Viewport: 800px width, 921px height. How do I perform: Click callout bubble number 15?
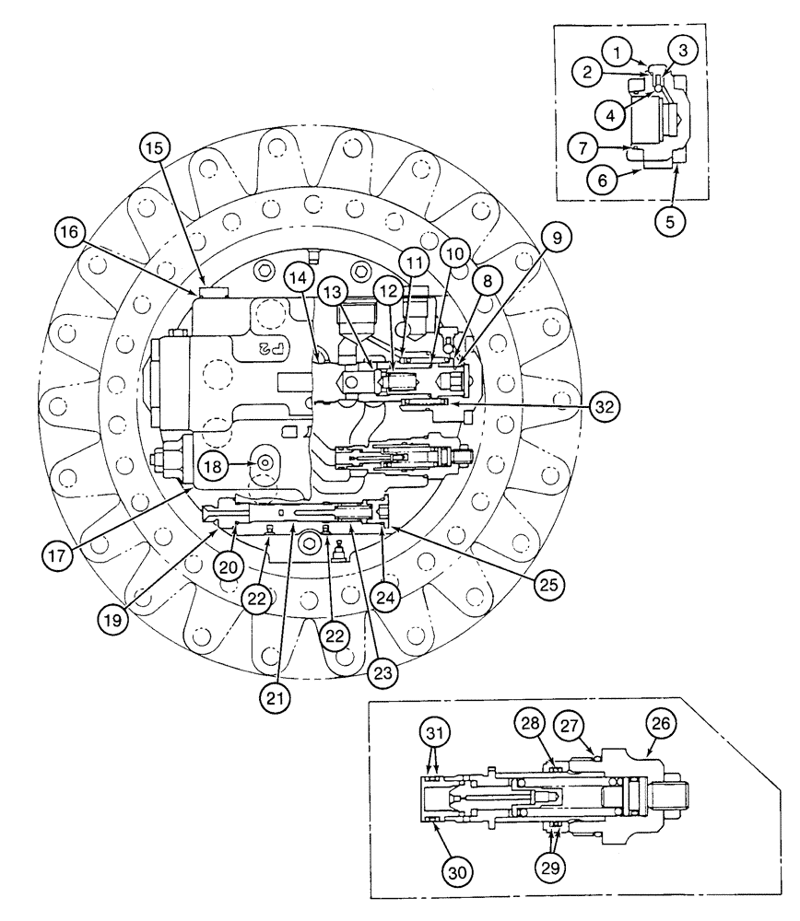[155, 146]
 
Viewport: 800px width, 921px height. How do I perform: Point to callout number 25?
[548, 584]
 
